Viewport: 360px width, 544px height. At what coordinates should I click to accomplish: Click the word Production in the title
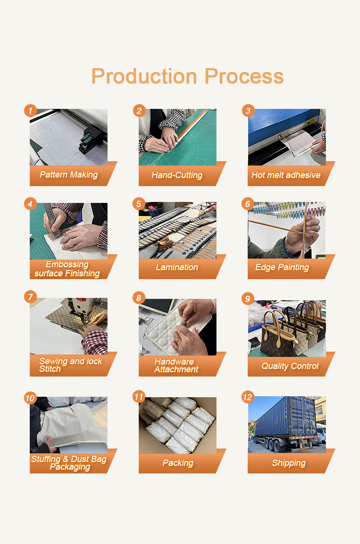144,76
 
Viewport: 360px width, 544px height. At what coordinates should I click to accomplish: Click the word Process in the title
244,76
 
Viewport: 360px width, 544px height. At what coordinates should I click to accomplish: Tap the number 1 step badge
31,111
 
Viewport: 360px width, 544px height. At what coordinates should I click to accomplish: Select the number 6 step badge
248,204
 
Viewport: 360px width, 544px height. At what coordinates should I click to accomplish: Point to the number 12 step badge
248,397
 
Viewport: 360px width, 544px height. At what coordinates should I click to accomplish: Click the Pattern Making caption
69,175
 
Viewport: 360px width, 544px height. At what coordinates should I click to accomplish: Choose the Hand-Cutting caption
177,175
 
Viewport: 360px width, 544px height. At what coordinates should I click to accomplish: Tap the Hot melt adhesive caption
286,175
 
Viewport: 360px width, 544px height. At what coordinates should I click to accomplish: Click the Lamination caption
177,267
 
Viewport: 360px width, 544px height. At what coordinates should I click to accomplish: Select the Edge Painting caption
282,267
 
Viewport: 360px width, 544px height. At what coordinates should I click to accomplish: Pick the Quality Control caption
290,366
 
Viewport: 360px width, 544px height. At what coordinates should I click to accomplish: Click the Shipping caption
289,463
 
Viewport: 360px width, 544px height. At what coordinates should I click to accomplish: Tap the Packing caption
178,463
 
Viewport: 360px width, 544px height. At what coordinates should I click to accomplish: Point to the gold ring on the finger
178,340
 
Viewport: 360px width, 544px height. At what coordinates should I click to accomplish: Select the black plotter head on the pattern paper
91,139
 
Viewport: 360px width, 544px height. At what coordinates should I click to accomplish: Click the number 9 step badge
248,299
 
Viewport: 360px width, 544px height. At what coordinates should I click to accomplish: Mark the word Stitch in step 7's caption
50,369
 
